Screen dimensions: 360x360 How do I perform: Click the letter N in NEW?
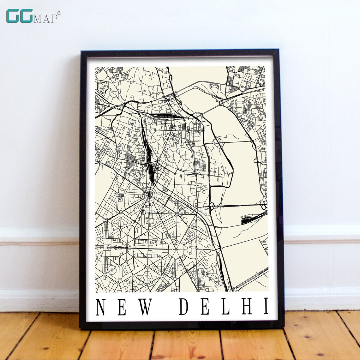click(101, 307)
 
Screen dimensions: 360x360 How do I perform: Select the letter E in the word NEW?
click(122, 307)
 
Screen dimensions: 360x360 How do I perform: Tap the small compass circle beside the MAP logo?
click(59, 13)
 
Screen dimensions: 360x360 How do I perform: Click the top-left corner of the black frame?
click(82, 51)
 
